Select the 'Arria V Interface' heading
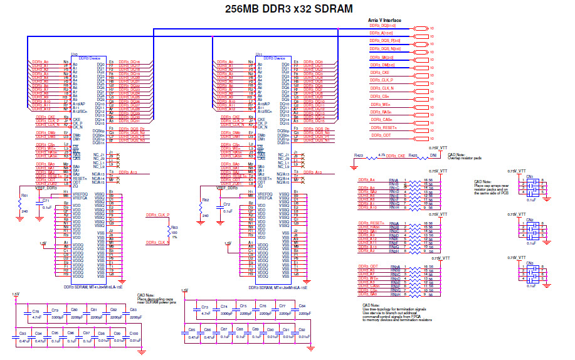point(384,21)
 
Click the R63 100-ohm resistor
point(175,228)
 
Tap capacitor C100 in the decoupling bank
point(134,333)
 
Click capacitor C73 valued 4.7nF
point(204,307)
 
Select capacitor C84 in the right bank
point(302,306)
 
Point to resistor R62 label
point(206,200)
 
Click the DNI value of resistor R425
point(433,156)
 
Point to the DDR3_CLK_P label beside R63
point(157,215)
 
